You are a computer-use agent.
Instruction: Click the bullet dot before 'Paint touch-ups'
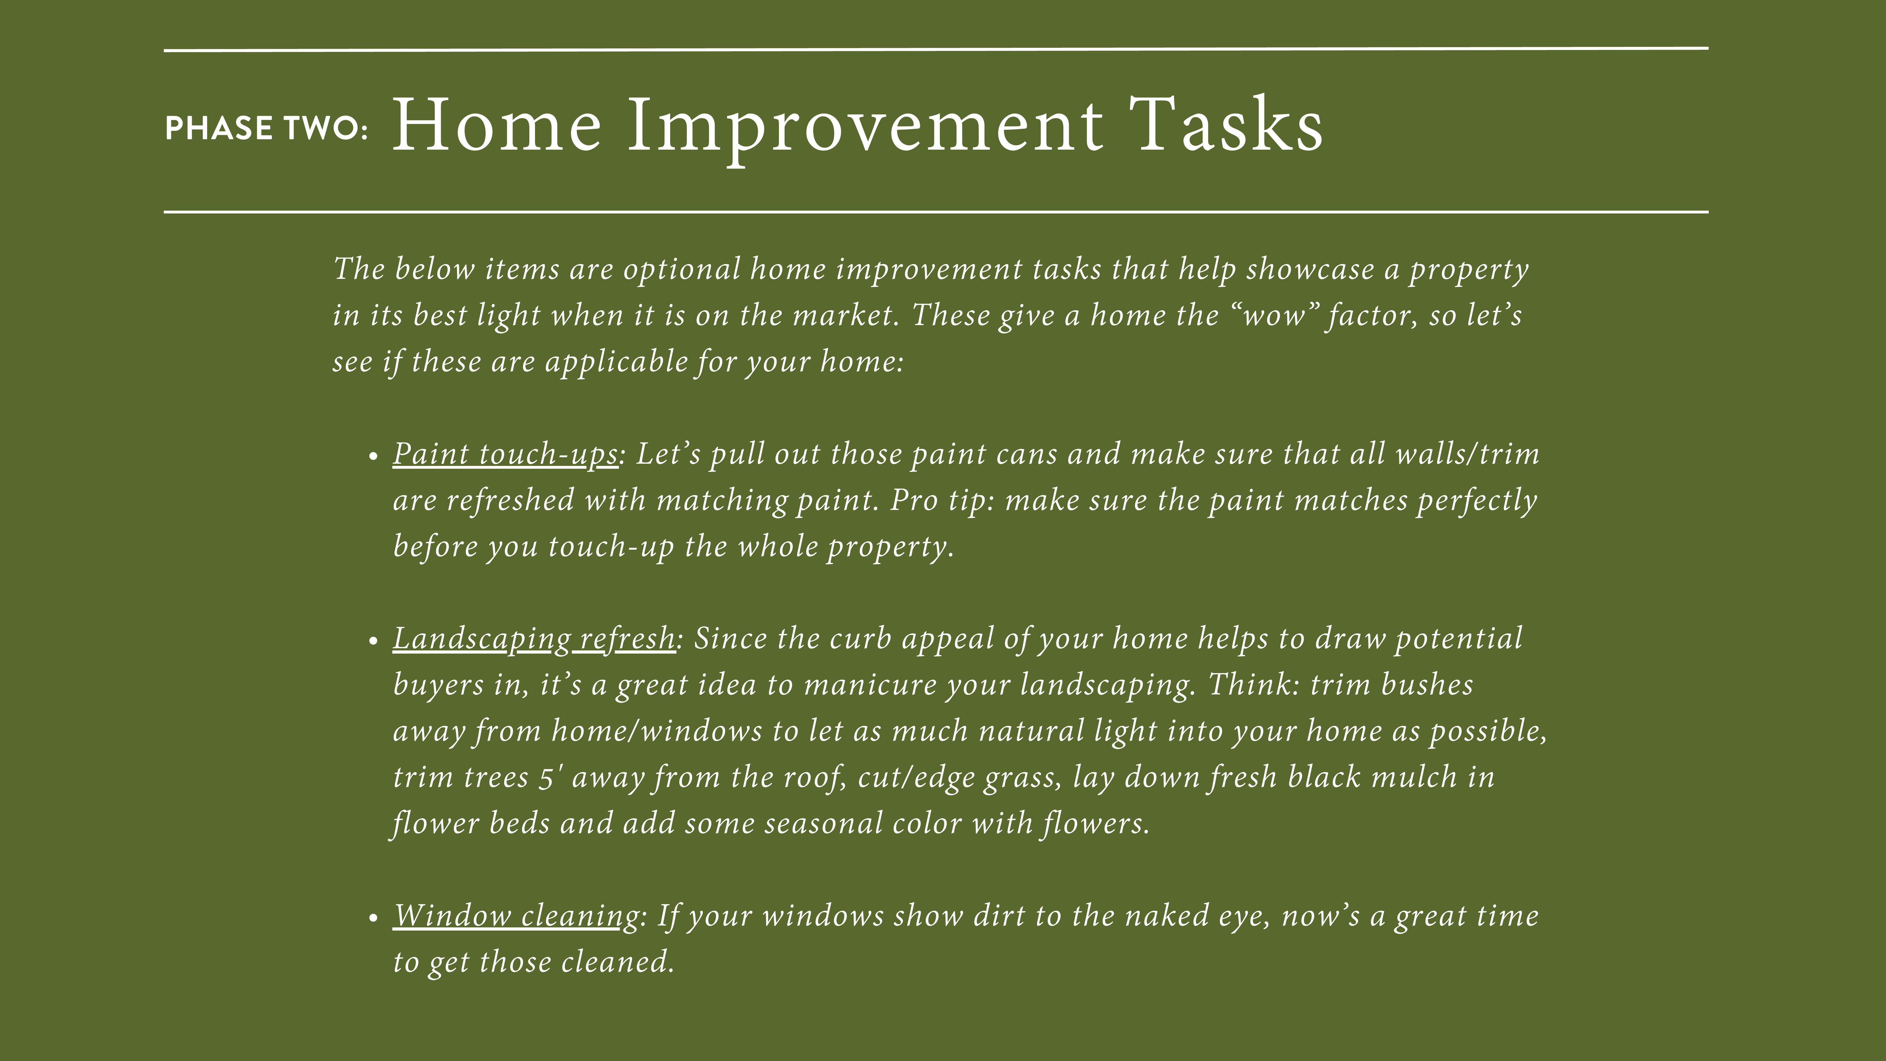click(x=373, y=456)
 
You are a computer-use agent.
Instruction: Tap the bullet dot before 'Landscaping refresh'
click(x=373, y=641)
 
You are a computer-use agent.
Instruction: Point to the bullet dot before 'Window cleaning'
click(x=373, y=917)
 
